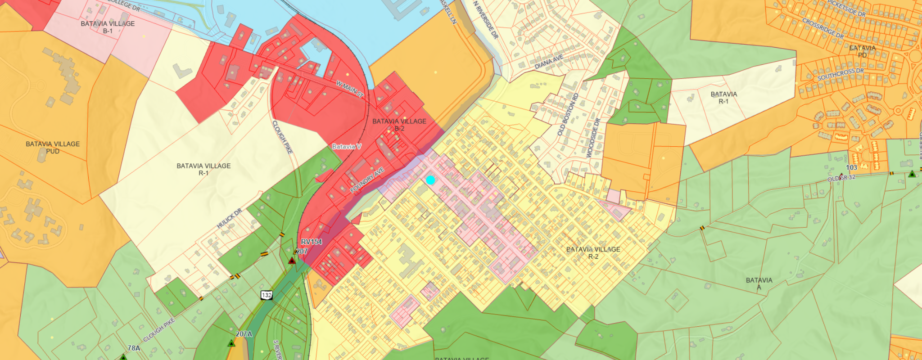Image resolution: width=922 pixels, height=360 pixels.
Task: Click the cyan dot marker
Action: [430, 180]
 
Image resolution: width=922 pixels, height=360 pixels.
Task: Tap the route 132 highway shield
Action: [267, 295]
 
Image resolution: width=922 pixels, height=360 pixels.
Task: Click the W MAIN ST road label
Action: [350, 89]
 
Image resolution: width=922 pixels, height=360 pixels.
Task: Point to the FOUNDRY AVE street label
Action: [367, 180]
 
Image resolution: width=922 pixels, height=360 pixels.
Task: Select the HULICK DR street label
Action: [230, 218]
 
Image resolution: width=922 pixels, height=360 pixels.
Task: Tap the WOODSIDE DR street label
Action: [593, 138]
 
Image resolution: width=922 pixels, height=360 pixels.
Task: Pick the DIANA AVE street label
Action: [549, 62]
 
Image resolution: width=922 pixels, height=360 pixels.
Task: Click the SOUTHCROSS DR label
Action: [841, 74]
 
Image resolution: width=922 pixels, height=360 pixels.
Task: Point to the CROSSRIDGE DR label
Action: [823, 28]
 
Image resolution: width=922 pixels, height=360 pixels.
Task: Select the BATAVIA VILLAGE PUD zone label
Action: [53, 148]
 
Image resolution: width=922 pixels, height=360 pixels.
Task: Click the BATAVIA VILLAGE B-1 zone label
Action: [108, 27]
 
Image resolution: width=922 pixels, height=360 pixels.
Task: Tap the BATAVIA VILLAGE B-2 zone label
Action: [399, 125]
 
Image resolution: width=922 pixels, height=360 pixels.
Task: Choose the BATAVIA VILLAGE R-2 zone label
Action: [593, 253]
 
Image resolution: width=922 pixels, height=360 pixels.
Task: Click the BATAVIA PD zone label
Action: [862, 51]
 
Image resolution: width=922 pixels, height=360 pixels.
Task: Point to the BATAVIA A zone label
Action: [759, 283]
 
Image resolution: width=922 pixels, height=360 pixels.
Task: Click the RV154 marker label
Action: [312, 242]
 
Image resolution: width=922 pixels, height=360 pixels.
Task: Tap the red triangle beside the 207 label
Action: [292, 261]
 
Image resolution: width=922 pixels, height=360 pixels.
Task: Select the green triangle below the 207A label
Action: [231, 343]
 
